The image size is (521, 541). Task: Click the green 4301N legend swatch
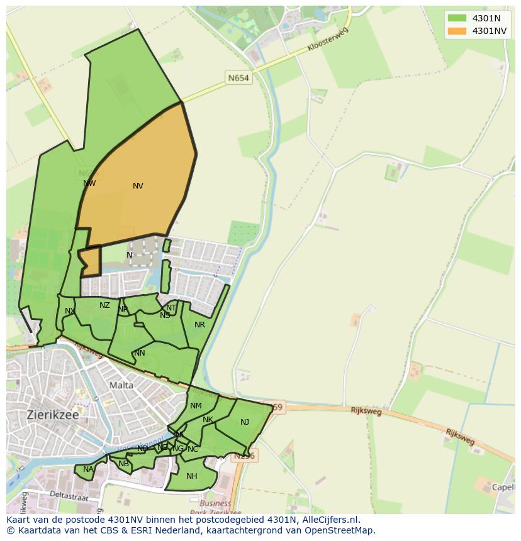tap(457, 18)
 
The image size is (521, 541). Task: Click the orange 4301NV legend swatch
tap(457, 31)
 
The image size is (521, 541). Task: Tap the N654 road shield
tap(238, 78)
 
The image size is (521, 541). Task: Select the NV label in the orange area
tap(138, 186)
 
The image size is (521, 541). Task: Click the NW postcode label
tap(89, 183)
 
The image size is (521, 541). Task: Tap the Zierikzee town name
tap(52, 415)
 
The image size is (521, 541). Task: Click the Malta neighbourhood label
tap(121, 385)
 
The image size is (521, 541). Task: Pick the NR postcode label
tap(199, 325)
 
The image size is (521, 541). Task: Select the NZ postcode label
tap(104, 305)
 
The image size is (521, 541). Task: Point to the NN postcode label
tap(140, 353)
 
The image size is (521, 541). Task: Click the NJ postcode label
tap(245, 422)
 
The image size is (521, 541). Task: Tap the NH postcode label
tap(192, 476)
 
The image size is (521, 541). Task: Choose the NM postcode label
tap(196, 406)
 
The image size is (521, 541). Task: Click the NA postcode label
tap(88, 469)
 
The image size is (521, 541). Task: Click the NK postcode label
tap(208, 420)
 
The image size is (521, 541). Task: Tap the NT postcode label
tap(171, 308)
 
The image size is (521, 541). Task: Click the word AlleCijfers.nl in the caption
tap(330, 520)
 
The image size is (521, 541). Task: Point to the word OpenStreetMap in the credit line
tap(339, 530)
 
